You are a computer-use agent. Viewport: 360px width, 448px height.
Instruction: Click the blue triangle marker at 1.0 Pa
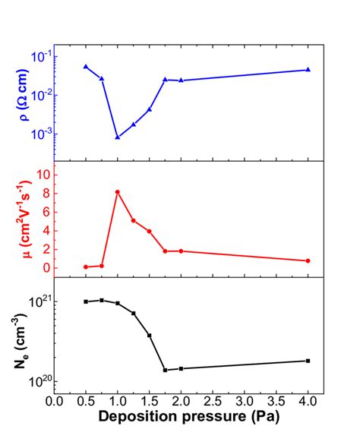tap(118, 137)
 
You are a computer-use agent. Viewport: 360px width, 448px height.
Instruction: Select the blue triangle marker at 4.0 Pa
tap(308, 70)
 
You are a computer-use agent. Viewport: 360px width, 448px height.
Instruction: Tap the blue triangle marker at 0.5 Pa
tap(86, 67)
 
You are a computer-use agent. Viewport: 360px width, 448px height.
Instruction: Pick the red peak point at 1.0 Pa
tap(118, 192)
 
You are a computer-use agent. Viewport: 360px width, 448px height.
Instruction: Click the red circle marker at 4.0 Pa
tap(308, 260)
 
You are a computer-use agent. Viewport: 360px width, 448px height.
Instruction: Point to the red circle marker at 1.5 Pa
tap(150, 231)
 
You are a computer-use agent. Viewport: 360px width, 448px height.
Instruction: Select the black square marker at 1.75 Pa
tap(165, 370)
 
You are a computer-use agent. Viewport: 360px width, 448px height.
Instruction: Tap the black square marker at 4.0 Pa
tap(308, 361)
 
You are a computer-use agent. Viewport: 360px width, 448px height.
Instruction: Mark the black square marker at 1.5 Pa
tap(150, 335)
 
